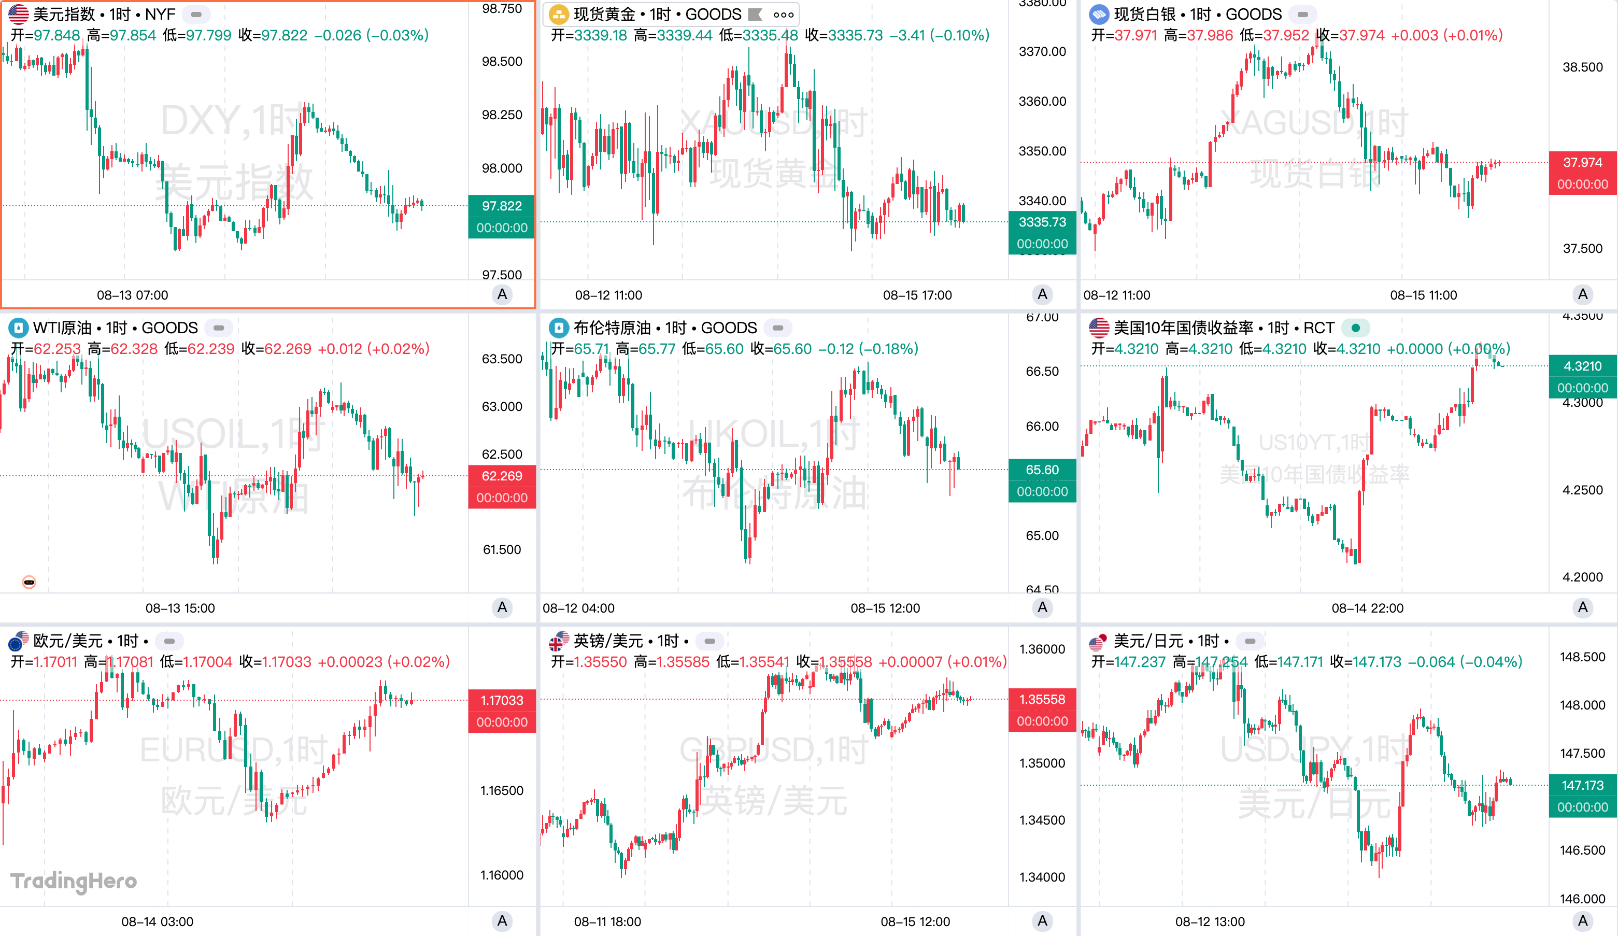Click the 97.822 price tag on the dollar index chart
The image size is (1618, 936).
(502, 206)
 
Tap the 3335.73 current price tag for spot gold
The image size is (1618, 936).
(1042, 222)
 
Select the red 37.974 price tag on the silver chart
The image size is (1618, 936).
(1582, 162)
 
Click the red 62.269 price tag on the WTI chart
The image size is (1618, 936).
(502, 476)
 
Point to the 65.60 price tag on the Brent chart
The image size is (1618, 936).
(1042, 469)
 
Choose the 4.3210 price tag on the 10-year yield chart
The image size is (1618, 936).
(1582, 366)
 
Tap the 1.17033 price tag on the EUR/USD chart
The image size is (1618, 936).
(502, 700)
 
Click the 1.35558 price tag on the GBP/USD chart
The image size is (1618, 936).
(1042, 699)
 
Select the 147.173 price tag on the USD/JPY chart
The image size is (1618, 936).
(1582, 785)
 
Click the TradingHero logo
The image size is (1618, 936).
(74, 881)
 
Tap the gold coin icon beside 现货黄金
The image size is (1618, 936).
(559, 14)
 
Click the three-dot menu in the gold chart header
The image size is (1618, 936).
(783, 14)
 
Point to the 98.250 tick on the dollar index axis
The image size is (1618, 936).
(502, 115)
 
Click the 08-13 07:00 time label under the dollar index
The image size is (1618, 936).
(132, 295)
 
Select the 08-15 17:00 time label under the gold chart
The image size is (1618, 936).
(917, 295)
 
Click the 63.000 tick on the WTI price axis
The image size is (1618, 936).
(502, 406)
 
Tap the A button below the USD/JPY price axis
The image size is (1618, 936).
(1582, 921)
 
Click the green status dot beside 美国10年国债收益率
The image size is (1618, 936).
(1355, 328)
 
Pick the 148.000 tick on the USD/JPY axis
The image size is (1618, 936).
(1582, 705)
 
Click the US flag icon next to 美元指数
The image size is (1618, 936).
(18, 14)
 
